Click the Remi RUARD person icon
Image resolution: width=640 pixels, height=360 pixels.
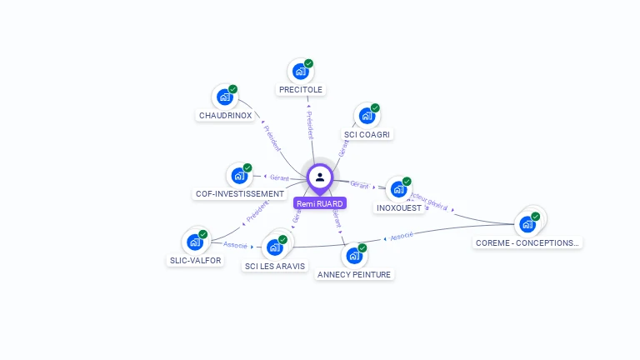point(320,177)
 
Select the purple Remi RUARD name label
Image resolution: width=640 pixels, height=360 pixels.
point(320,203)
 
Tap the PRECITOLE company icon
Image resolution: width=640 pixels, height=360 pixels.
point(299,72)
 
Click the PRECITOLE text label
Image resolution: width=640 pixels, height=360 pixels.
point(301,89)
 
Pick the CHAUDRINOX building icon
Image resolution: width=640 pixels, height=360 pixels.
point(224,97)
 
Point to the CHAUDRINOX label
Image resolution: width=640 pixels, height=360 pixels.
point(225,115)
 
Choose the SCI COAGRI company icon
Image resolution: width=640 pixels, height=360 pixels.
point(366,116)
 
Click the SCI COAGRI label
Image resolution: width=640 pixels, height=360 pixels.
point(367,134)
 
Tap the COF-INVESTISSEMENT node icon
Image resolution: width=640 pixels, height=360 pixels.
point(239,175)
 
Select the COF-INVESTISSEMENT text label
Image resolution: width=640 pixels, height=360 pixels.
point(240,193)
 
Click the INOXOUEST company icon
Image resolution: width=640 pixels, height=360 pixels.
point(398,189)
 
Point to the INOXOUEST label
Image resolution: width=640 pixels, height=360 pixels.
point(400,207)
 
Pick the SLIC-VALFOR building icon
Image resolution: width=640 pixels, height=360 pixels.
point(195,242)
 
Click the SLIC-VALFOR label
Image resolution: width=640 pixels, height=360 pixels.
point(195,260)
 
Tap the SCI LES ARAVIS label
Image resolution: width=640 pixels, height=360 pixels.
point(275,267)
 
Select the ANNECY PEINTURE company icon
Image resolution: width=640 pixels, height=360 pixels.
point(353,255)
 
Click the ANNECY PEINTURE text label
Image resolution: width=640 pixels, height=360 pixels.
point(354,274)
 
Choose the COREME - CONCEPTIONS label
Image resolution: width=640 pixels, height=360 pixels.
point(527,243)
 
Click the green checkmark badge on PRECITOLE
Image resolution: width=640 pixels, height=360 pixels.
point(309,63)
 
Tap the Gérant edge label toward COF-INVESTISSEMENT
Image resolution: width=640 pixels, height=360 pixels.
point(279,177)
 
